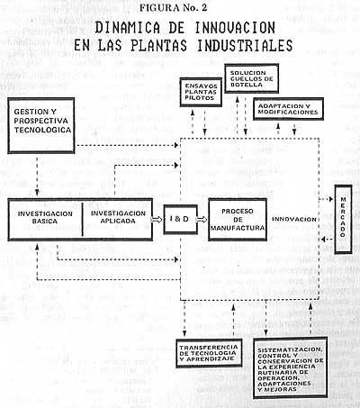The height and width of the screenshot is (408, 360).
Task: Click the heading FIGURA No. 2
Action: point(173,7)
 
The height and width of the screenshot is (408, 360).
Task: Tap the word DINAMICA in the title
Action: point(128,28)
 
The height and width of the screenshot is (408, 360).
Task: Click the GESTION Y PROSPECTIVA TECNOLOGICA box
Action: point(41,125)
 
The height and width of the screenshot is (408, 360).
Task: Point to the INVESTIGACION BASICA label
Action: point(45,217)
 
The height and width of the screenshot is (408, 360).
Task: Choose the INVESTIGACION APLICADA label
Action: point(118,217)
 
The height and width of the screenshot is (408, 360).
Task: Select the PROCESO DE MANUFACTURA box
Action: point(238,220)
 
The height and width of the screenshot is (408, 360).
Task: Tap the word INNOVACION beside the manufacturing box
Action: point(294,219)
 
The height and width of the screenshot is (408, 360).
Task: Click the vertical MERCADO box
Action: point(343,219)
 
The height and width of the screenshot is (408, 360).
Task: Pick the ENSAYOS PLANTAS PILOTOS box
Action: point(201,92)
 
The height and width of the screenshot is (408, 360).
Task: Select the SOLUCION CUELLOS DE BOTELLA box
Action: point(252,78)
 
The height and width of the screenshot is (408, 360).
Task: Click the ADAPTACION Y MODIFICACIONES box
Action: point(288,109)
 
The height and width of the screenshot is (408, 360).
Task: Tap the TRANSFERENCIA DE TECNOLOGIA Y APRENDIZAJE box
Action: point(209,353)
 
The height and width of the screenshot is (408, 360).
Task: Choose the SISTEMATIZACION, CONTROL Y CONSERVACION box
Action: point(290,368)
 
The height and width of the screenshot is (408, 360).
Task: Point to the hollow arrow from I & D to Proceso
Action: point(202,220)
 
